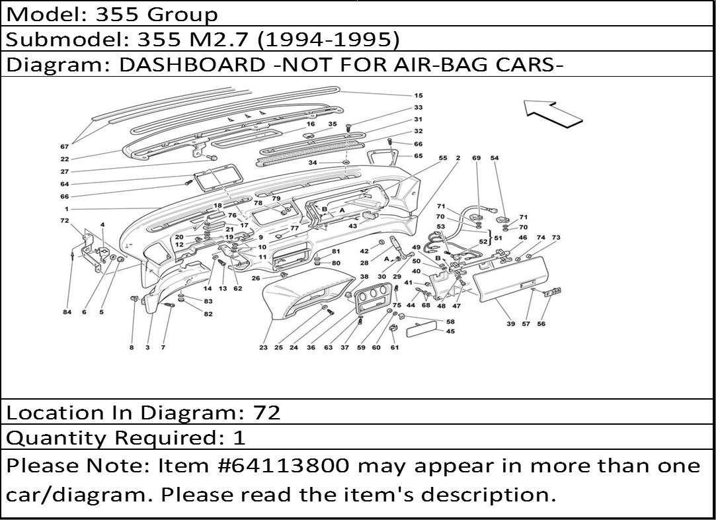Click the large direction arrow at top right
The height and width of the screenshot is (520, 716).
(x=552, y=114)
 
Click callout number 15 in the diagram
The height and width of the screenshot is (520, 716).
(x=418, y=95)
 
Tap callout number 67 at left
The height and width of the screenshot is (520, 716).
(x=64, y=147)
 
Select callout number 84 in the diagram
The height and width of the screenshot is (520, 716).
(x=67, y=312)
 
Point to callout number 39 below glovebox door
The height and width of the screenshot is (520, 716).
(x=510, y=324)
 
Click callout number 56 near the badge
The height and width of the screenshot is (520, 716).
(x=541, y=324)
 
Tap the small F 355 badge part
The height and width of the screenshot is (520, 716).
(x=553, y=292)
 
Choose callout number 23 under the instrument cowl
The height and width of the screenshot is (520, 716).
(x=263, y=347)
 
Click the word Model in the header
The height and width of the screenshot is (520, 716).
(x=43, y=14)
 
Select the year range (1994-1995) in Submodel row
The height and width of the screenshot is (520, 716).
(x=328, y=40)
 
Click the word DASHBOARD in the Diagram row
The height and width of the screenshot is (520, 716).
(x=192, y=64)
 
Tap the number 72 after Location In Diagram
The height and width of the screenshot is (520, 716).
(x=266, y=413)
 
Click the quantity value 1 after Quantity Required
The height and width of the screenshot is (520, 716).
(x=239, y=438)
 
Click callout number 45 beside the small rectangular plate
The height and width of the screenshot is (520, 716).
(x=450, y=331)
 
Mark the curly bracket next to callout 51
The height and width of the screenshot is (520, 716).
(x=491, y=238)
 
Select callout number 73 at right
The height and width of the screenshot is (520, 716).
(x=556, y=238)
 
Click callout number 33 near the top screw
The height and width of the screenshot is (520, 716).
(x=418, y=107)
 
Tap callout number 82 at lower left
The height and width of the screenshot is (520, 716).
(x=208, y=314)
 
